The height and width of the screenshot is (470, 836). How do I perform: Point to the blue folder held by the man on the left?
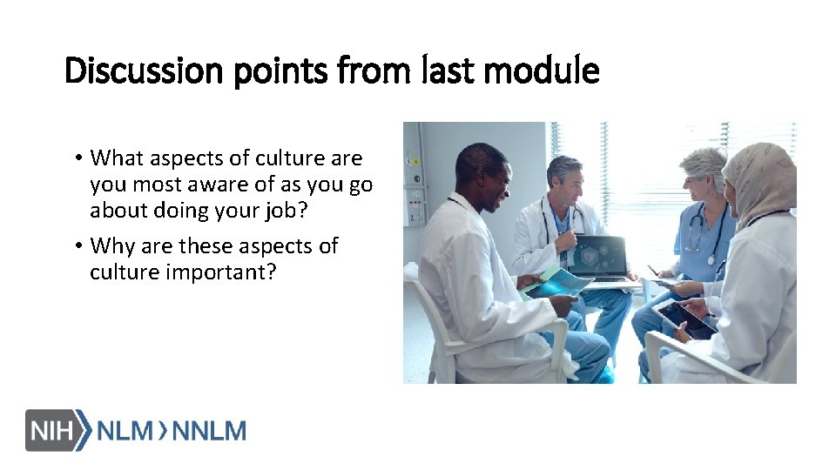(x=557, y=284)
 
